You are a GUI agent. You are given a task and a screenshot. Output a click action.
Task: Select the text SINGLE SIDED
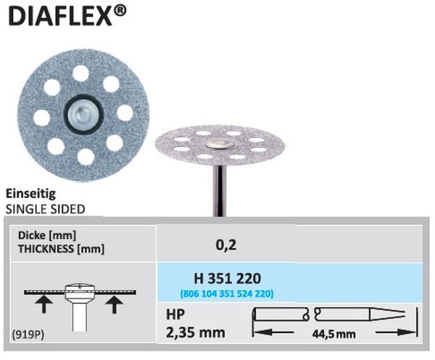click(46, 209)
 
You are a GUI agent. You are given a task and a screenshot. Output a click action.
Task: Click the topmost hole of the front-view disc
click(80, 73)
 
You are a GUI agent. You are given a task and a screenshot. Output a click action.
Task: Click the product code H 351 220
click(227, 278)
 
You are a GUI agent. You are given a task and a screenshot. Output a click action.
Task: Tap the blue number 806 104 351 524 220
click(227, 293)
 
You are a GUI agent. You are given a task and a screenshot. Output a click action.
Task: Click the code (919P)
click(26, 335)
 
